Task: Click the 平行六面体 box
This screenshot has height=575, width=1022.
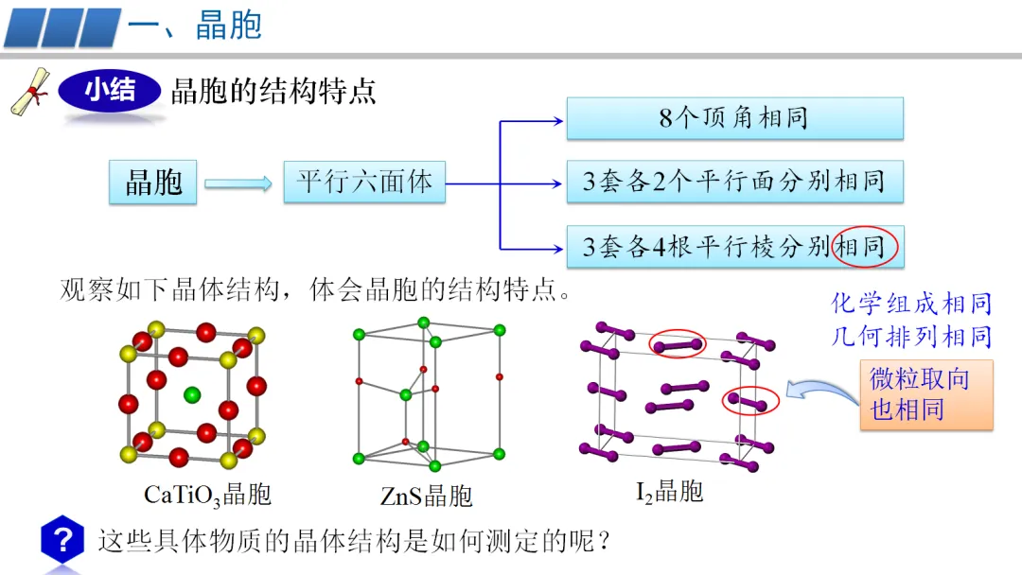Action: [364, 181]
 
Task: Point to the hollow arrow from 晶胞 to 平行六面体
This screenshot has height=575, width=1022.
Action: [238, 183]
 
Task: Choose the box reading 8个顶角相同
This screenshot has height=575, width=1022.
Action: [734, 118]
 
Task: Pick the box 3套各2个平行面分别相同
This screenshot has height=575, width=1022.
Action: [734, 181]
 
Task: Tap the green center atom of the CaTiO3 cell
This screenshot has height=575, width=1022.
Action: [193, 394]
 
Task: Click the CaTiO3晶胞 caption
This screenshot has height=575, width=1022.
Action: [207, 494]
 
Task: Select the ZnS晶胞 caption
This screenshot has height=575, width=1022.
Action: [426, 495]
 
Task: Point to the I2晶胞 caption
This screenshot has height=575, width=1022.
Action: [669, 491]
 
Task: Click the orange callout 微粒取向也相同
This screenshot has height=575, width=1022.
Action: [925, 394]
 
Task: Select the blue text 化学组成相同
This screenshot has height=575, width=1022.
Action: [911, 304]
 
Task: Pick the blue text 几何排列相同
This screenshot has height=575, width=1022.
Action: [911, 336]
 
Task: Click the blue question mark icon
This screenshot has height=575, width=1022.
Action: [63, 540]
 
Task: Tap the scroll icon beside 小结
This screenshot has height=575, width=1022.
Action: [30, 92]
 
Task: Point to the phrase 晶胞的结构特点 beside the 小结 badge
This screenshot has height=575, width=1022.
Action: [273, 91]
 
